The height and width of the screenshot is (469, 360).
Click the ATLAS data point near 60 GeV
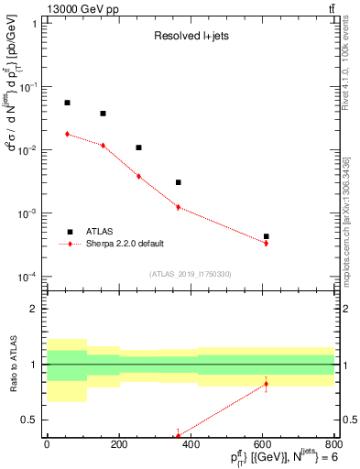click(x=67, y=103)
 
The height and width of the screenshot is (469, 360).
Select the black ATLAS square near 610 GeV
click(x=266, y=236)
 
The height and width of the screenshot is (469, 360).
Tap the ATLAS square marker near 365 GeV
click(x=178, y=182)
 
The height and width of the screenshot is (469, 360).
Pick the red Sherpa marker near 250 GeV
click(x=138, y=176)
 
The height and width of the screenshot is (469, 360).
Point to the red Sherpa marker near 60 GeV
click(x=67, y=134)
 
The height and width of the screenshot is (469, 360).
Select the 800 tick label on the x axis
click(x=334, y=446)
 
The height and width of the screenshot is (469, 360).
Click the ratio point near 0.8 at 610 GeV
click(x=266, y=384)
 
